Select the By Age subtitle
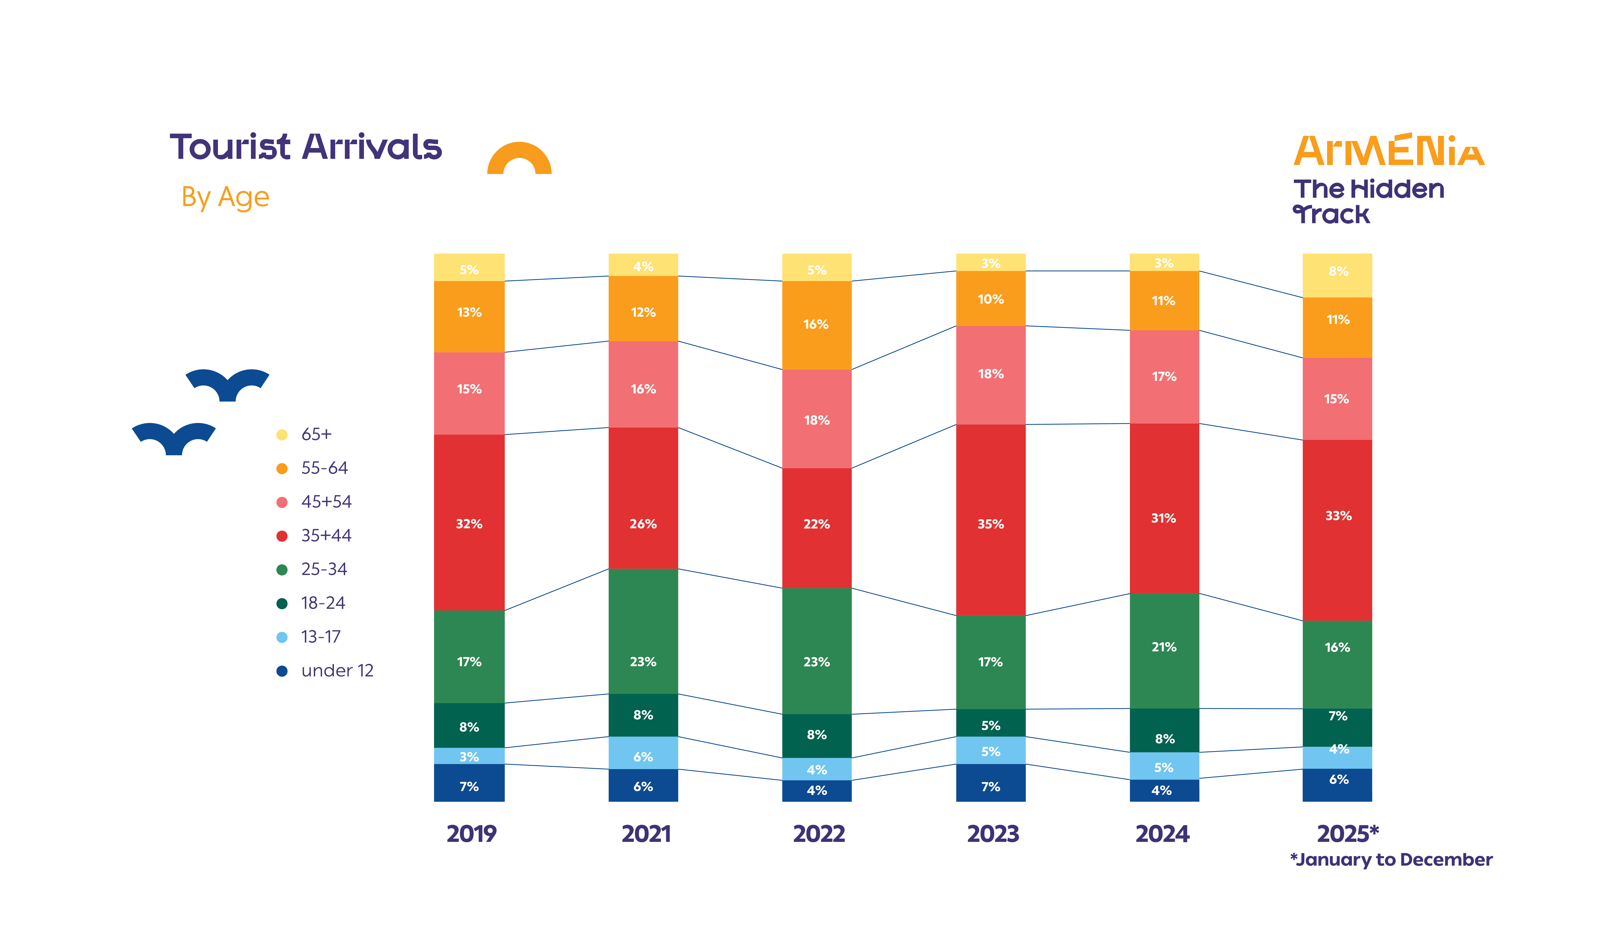pos(225,197)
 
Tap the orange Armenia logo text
pos(1389,151)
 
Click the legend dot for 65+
pos(282,435)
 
